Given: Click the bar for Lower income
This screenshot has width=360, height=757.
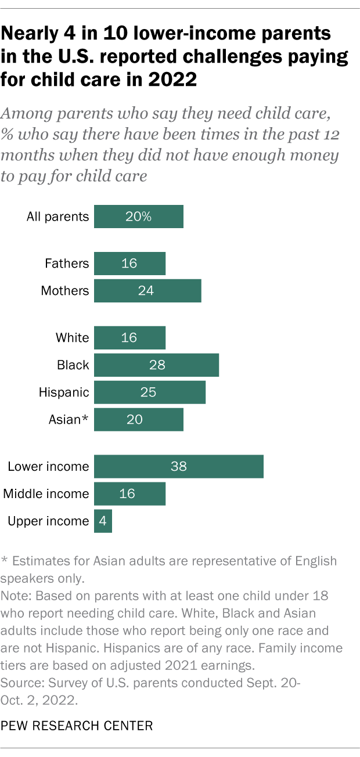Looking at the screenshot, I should (178, 467).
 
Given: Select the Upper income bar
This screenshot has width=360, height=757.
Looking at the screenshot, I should (103, 521).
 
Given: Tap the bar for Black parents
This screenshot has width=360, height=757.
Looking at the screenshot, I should (156, 365).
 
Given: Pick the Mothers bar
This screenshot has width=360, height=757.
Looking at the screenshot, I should (147, 291).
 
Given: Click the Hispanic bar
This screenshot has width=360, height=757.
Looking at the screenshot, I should (149, 392).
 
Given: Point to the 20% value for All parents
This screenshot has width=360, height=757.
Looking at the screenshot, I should (138, 217).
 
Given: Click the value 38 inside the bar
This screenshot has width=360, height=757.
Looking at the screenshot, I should (178, 467).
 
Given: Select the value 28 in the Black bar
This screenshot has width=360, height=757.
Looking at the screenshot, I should (157, 365).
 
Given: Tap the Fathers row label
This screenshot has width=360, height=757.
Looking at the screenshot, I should (67, 264).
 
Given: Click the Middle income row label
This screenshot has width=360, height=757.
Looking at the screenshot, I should (46, 494).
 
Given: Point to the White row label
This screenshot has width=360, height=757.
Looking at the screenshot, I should (72, 338).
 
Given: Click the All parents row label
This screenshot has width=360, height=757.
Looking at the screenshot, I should (57, 217).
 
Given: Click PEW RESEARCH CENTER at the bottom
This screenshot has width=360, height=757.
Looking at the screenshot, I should (78, 725).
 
